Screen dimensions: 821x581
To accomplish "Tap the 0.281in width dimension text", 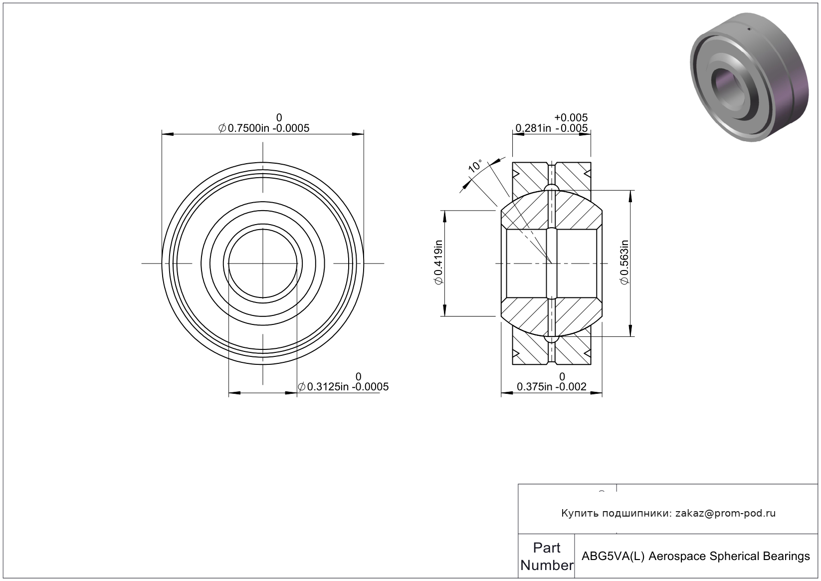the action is pos(533,128).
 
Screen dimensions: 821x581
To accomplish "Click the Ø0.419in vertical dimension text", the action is pos(439,262).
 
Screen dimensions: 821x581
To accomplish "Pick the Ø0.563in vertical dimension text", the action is pos(624,262).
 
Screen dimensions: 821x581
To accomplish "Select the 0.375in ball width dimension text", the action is pos(534,387).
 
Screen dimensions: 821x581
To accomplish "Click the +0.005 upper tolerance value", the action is pos(571,117).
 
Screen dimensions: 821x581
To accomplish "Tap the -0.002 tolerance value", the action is pos(571,387).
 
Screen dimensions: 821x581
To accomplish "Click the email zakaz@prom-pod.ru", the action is pos(725,513).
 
